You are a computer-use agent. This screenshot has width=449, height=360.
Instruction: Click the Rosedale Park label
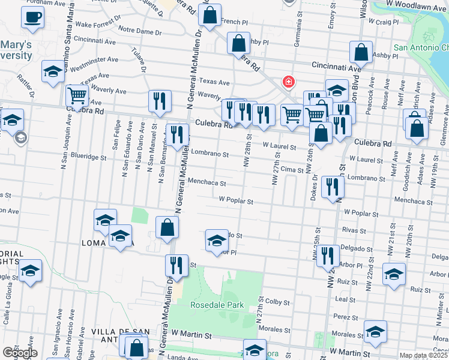click(215, 305)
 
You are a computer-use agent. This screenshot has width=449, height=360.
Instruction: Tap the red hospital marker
click(289, 81)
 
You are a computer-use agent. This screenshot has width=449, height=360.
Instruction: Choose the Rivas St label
click(354, 230)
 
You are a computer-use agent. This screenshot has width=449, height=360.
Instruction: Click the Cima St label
click(292, 170)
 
